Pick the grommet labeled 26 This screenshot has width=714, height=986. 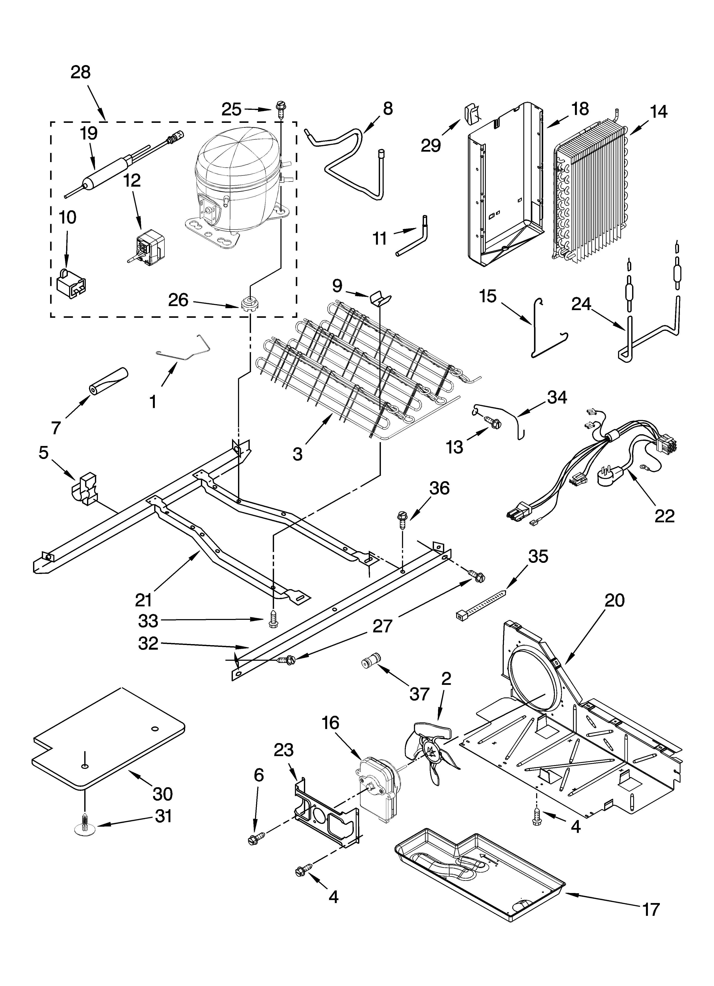click(x=248, y=302)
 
